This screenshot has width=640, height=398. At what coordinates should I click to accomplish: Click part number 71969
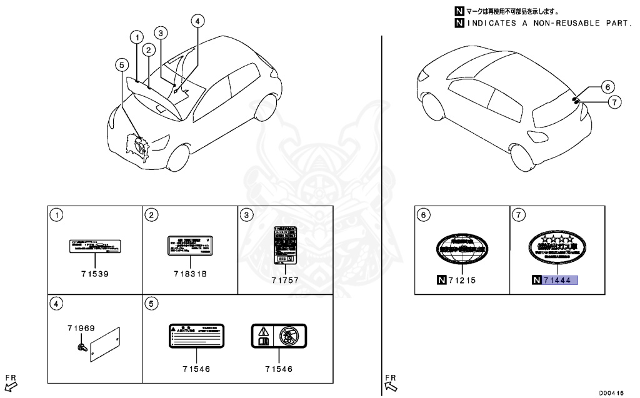pyautogui.click(x=81, y=327)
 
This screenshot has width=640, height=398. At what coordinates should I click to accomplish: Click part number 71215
pyautogui.click(x=461, y=281)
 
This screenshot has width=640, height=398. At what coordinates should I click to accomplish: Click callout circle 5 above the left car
pyautogui.click(x=122, y=64)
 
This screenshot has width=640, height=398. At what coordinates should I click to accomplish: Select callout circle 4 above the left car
pyautogui.click(x=197, y=21)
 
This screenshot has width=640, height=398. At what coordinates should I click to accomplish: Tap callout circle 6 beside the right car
pyautogui.click(x=609, y=87)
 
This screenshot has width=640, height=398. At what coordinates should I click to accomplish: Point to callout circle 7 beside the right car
pyautogui.click(x=614, y=101)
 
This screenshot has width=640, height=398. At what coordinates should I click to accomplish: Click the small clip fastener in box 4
pyautogui.click(x=81, y=346)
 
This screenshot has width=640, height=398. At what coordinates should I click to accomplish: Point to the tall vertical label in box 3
pyautogui.click(x=284, y=247)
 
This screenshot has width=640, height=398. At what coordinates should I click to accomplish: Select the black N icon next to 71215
pyautogui.click(x=442, y=281)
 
